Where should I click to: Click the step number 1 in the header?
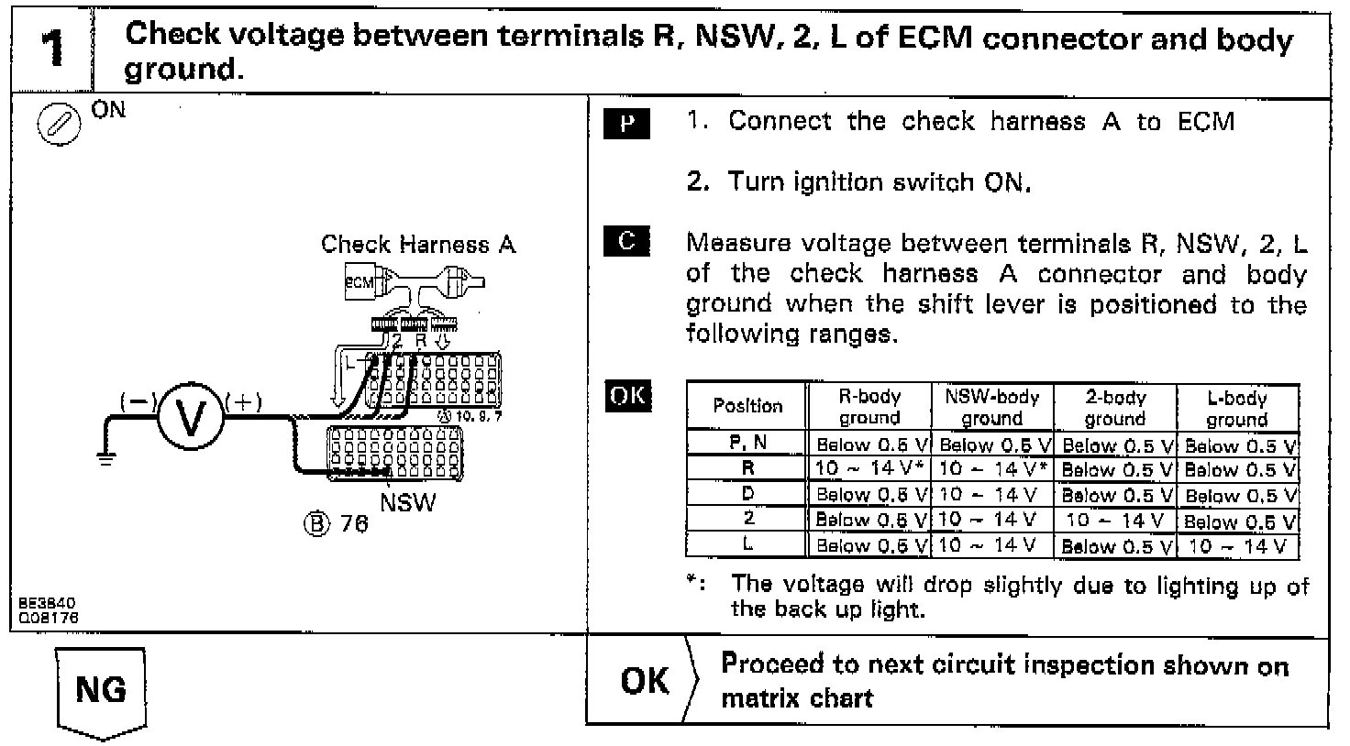pyautogui.click(x=53, y=49)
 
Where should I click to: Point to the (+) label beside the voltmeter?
pyautogui.click(x=244, y=402)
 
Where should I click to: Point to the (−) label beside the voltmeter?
pyautogui.click(x=138, y=402)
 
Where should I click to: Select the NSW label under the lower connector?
pyautogui.click(x=408, y=502)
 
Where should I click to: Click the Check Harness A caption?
pyautogui.click(x=418, y=245)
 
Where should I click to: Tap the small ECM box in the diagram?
pyautogui.click(x=360, y=282)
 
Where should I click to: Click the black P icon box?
pyautogui.click(x=626, y=124)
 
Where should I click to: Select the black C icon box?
pyautogui.click(x=626, y=242)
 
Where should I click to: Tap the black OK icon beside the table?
pyautogui.click(x=628, y=397)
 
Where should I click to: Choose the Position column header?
pyautogui.click(x=747, y=406)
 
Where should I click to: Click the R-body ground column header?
pyautogui.click(x=869, y=408)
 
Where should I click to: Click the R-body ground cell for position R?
pyautogui.click(x=869, y=468)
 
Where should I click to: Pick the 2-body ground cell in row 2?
pyautogui.click(x=1115, y=521)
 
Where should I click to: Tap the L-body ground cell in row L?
pyautogui.click(x=1238, y=546)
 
